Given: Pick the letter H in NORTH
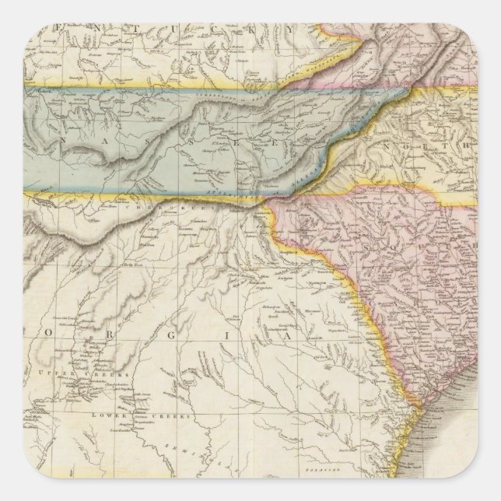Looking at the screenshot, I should point(465,143).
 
